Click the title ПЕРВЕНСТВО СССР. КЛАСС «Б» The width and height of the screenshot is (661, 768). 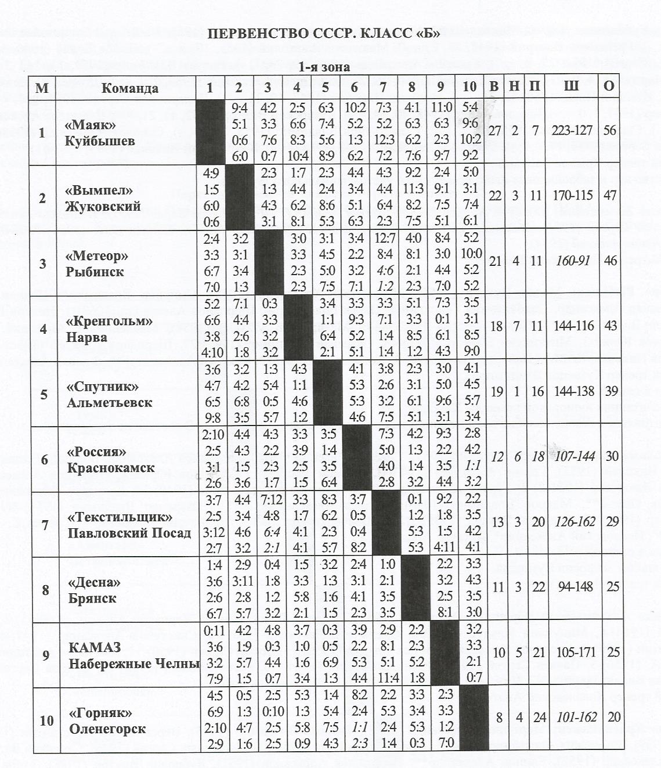[x=324, y=33]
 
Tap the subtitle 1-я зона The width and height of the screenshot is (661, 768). [x=324, y=67]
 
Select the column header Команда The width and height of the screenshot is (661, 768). [x=129, y=88]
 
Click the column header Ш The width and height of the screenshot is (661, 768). [x=572, y=86]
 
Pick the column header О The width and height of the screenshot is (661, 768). [x=609, y=86]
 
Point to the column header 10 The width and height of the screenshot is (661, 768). [x=469, y=87]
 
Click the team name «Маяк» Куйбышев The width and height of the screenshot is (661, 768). [x=100, y=133]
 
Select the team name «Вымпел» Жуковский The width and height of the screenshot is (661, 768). [x=103, y=198]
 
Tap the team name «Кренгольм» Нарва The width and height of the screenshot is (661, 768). [x=109, y=329]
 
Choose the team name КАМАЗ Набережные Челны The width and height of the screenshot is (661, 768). [x=133, y=655]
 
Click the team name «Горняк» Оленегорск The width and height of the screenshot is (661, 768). [x=107, y=721]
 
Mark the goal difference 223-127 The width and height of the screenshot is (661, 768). [x=572, y=131]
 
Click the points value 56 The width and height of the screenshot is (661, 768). [x=609, y=131]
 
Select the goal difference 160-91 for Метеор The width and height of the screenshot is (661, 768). [x=572, y=261]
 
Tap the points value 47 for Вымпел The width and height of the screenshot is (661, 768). [x=610, y=196]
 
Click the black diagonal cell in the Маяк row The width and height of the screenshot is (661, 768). [x=210, y=132]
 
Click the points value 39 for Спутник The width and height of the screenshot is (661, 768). [x=611, y=391]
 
